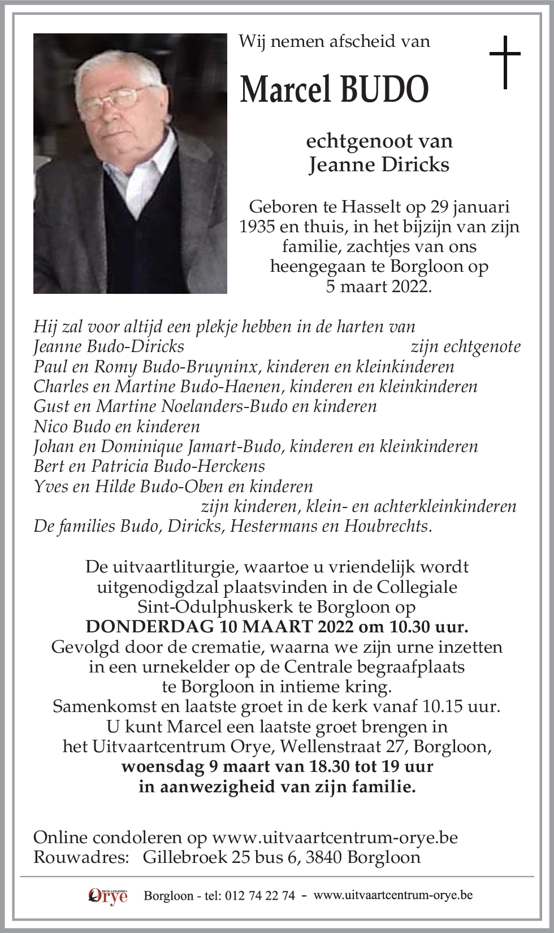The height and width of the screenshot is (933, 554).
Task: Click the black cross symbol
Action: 504,62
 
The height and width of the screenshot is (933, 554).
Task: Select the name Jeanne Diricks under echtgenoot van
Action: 379,164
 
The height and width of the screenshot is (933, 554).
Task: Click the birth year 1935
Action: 259,227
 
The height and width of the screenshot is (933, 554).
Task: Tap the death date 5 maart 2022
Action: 379,286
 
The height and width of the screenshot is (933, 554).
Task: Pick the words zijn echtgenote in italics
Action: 465,346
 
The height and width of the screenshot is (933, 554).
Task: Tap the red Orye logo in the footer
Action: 108,896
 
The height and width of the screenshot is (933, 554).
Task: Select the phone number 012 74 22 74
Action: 259,896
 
